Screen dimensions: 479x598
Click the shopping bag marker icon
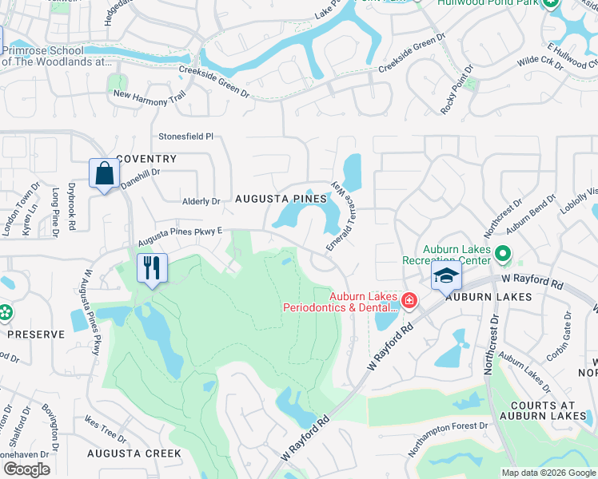coord(105,174)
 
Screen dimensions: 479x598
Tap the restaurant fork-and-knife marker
coord(150,267)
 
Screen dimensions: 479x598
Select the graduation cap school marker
coord(446,278)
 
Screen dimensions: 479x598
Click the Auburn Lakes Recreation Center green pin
coord(502,255)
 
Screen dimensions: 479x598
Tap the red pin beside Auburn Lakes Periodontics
coord(409,300)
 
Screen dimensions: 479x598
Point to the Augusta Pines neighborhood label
coord(281,198)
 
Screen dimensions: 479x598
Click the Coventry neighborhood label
coord(145,159)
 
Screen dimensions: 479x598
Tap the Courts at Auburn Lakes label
coord(544,410)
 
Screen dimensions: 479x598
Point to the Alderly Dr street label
coord(201,202)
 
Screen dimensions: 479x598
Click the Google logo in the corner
coord(26,469)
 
